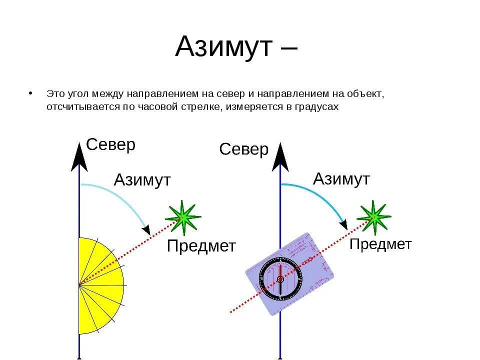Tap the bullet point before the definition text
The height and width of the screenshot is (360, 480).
(31, 93)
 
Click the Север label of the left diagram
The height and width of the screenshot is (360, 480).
(110, 145)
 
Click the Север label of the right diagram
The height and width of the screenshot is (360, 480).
(244, 149)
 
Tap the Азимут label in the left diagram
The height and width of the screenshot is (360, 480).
(142, 179)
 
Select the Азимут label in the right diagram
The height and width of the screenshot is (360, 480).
(341, 178)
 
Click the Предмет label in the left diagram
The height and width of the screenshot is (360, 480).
(201, 246)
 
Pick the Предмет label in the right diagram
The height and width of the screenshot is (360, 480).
(380, 244)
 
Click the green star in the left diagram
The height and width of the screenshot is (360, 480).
(183, 217)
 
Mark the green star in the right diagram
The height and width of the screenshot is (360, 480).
(373, 216)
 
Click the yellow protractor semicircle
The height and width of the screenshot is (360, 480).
(100, 285)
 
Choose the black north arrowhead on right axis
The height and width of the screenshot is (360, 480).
(280, 158)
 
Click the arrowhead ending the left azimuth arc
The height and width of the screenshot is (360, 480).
(146, 230)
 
